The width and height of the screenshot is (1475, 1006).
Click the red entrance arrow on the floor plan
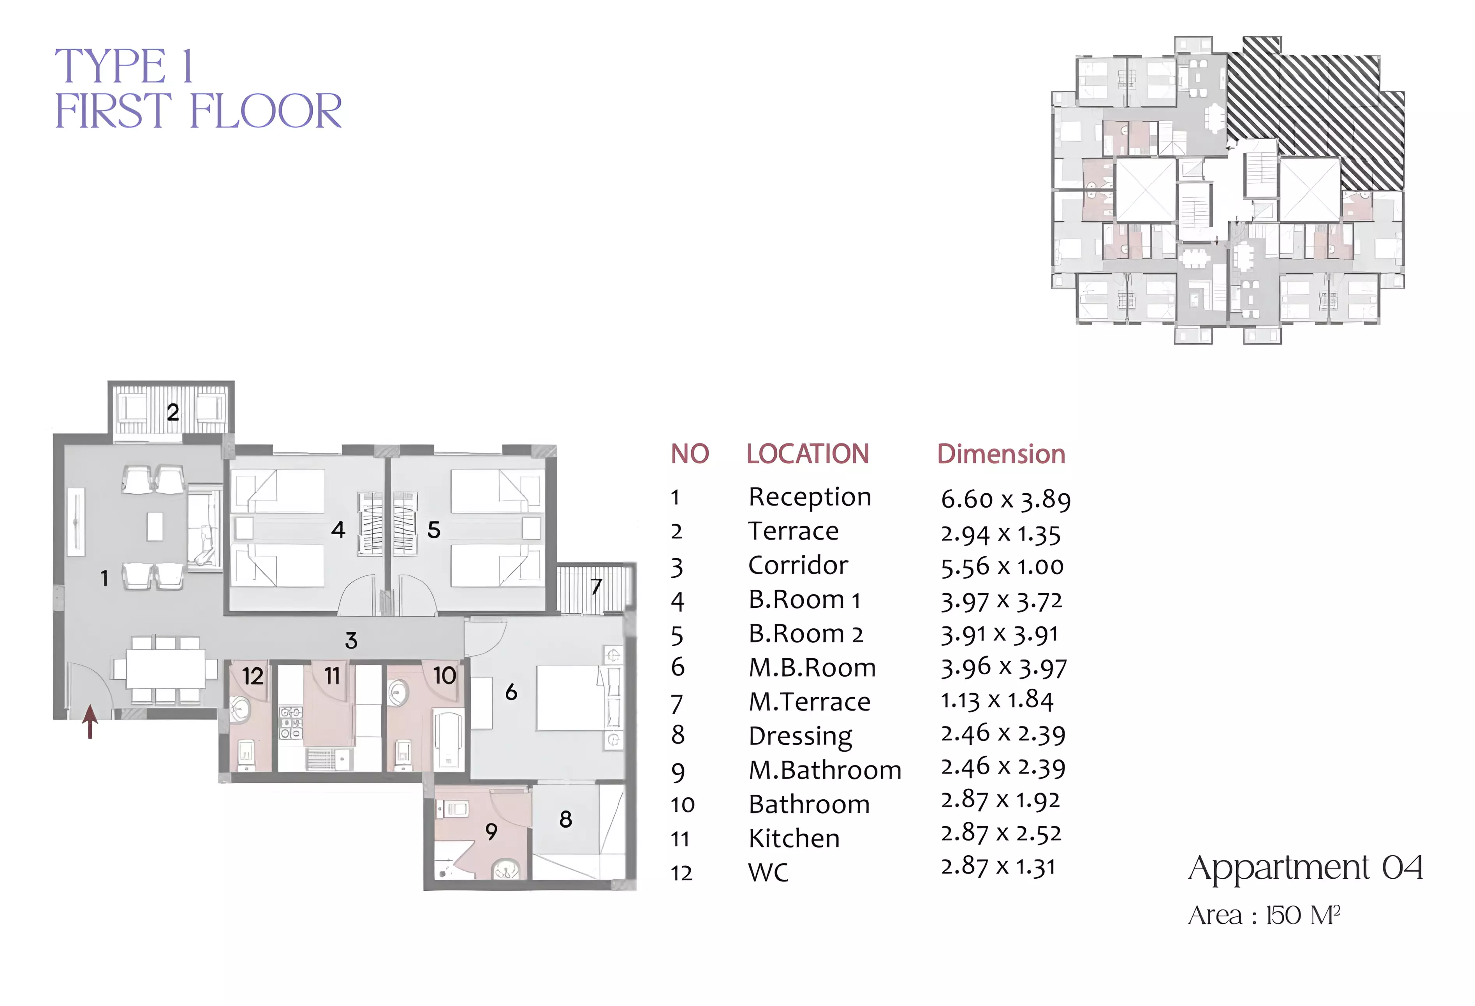point(90,722)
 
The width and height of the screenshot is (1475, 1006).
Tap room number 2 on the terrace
point(172,413)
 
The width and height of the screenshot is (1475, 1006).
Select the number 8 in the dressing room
point(565,820)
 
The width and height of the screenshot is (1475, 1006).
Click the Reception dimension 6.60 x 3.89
point(1005,499)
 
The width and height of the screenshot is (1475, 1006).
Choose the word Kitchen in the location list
point(794,839)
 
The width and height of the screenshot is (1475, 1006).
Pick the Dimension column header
point(1001,454)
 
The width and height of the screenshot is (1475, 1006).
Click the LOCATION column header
point(807,454)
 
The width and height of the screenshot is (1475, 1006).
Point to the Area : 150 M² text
point(1264,915)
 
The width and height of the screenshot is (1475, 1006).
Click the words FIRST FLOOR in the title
point(198,111)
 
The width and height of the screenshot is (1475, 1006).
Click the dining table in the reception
point(165,668)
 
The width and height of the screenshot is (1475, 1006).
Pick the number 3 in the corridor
point(351,640)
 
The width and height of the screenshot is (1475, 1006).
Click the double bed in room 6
point(569,698)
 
